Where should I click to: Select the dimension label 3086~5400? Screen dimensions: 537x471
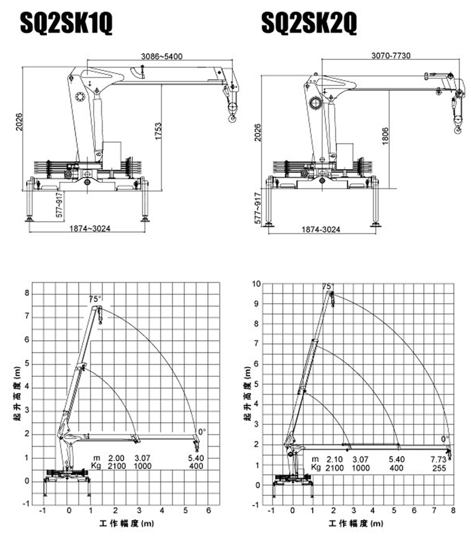coord(161,56)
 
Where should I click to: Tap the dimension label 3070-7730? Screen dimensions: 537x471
coord(391,55)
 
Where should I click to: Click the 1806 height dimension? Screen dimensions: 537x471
coord(385,136)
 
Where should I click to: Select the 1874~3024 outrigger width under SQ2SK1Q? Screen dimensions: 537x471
coord(90,229)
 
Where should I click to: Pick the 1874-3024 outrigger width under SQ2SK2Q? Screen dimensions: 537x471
coord(321,229)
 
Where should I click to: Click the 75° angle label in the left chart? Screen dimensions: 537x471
coord(95,299)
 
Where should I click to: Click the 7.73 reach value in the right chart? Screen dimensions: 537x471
coord(439,460)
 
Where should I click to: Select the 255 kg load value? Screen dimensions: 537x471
coord(439,468)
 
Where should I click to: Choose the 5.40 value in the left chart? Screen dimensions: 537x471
coord(196,458)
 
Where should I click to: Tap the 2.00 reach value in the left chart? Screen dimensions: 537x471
coord(117,458)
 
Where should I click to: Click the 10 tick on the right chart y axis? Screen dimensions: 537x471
coord(256,284)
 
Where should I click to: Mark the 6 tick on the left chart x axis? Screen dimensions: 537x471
coord(208,511)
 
